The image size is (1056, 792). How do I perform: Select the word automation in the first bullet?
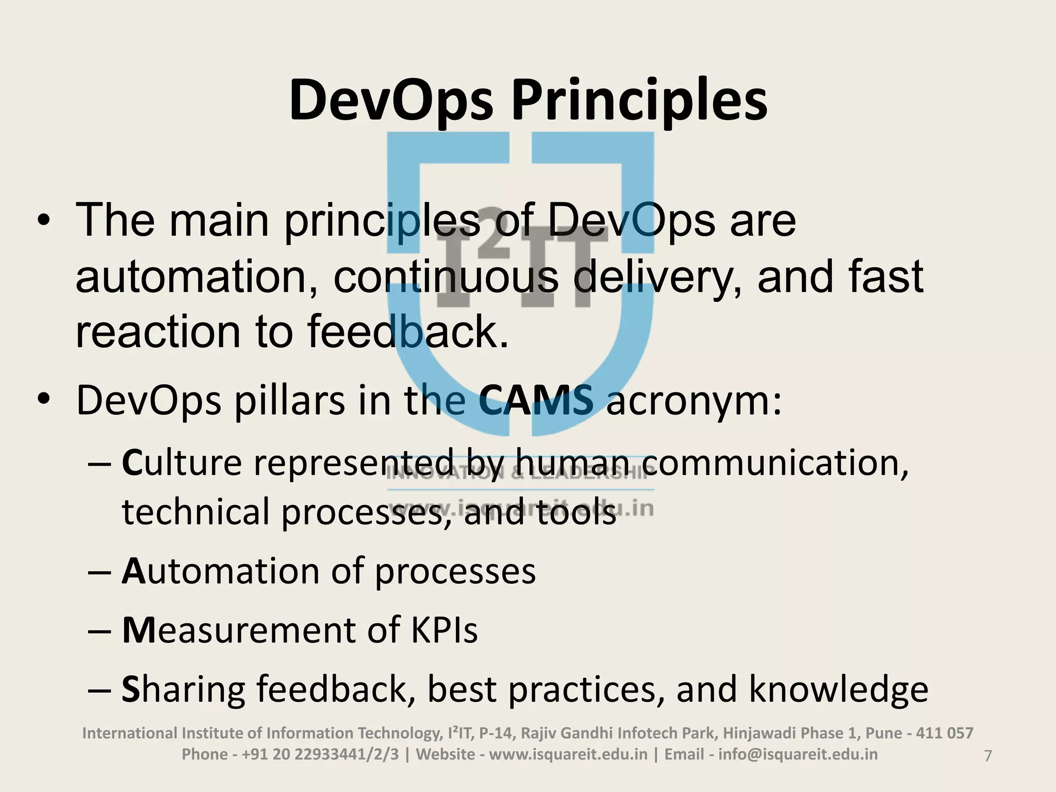point(196,277)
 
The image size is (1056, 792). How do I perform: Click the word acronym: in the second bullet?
point(694,401)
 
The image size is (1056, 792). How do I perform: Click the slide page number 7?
point(988,756)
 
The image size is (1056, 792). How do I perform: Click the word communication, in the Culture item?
point(782,463)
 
